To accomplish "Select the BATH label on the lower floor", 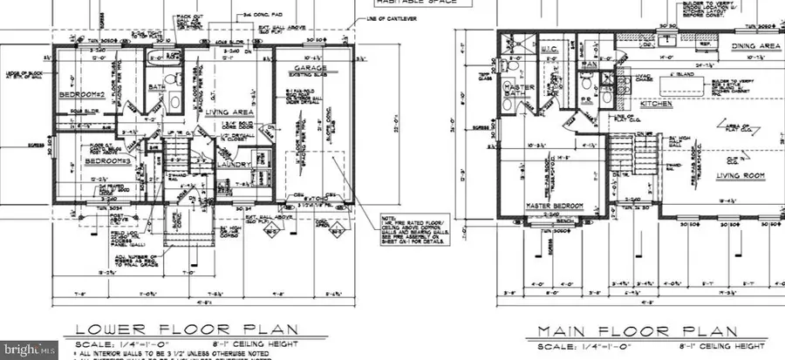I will (x=158, y=88).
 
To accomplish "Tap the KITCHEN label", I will (x=657, y=103).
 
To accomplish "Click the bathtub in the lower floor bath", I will (x=162, y=65).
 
